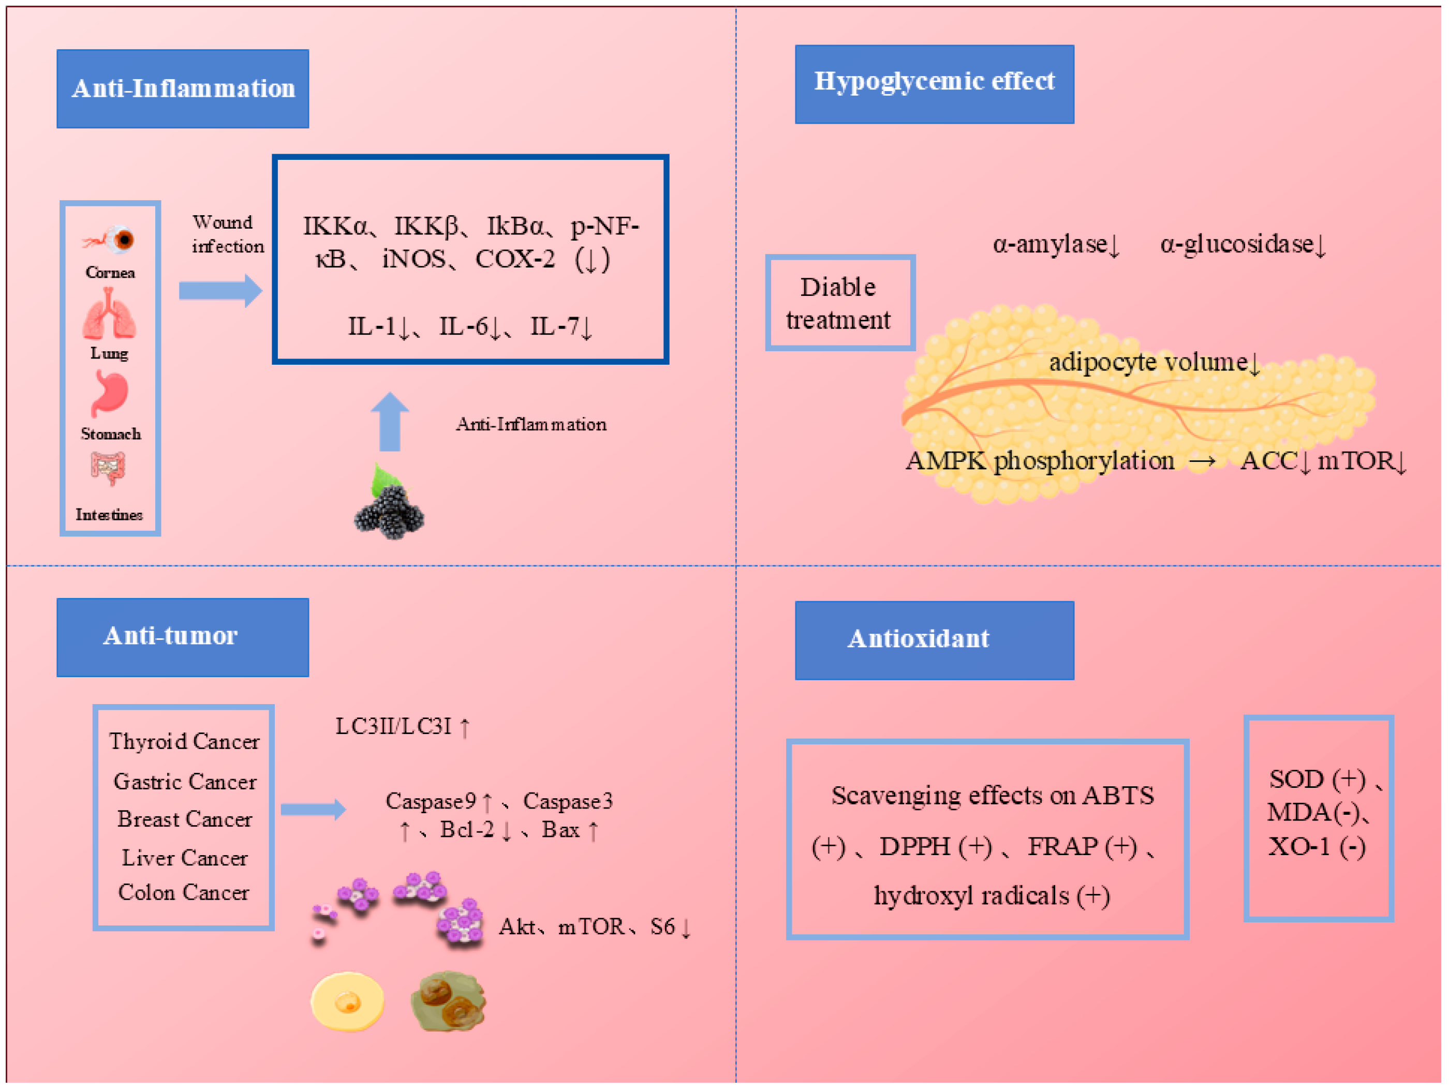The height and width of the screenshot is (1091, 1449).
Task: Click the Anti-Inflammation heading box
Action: tap(182, 88)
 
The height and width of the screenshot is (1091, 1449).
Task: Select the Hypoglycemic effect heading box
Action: tap(934, 84)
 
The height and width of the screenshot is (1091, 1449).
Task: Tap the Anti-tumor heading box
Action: tap(182, 636)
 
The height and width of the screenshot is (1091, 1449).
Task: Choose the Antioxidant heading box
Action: tap(934, 640)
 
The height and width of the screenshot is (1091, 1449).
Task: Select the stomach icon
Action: tap(109, 393)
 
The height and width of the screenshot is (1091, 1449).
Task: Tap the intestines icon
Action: tap(108, 468)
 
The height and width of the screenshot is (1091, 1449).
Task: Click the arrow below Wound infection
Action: tap(220, 290)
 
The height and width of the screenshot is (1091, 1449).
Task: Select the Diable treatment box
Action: tap(839, 303)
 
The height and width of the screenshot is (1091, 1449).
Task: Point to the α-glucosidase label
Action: tap(1242, 244)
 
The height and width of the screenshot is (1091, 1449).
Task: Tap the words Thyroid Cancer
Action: tap(184, 741)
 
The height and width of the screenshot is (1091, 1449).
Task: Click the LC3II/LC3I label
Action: tap(402, 726)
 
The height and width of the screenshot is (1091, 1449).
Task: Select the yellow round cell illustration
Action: tap(347, 1002)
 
